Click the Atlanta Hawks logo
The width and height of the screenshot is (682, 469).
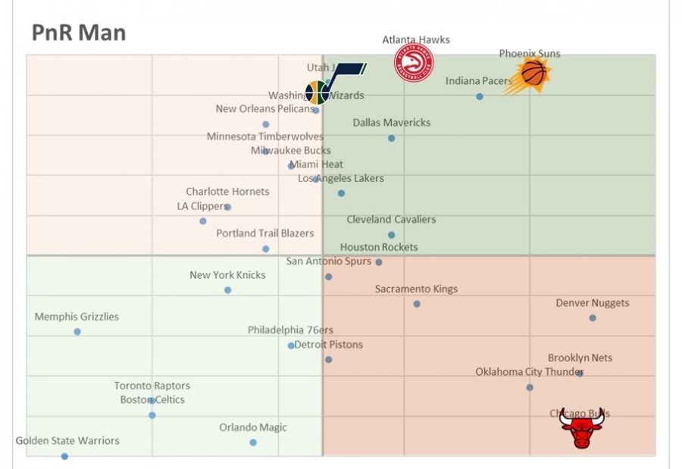click(413, 64)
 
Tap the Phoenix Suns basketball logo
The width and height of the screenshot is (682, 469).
click(533, 74)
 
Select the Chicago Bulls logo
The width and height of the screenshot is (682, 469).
click(582, 429)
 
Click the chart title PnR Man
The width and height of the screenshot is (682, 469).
click(78, 33)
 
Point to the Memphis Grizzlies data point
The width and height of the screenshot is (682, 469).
click(77, 332)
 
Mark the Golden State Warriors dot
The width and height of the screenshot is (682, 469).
click(64, 456)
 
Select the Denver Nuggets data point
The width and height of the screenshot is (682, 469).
click(593, 318)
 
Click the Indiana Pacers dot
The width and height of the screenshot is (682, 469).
click(480, 96)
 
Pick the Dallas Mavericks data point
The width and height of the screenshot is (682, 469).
click(391, 138)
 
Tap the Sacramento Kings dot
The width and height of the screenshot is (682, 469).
click(417, 304)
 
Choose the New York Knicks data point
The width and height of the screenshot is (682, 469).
click(227, 290)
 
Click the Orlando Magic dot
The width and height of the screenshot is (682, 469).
click(253, 442)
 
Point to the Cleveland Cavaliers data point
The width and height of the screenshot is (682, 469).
click(391, 235)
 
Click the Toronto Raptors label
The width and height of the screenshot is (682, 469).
click(152, 386)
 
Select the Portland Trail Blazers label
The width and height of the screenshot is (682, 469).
click(264, 233)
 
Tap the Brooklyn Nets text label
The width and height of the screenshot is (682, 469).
click(580, 358)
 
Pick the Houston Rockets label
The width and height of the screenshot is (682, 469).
click(379, 247)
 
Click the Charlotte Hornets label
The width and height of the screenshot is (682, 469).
click(227, 192)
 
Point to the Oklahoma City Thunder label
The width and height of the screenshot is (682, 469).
click(530, 372)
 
